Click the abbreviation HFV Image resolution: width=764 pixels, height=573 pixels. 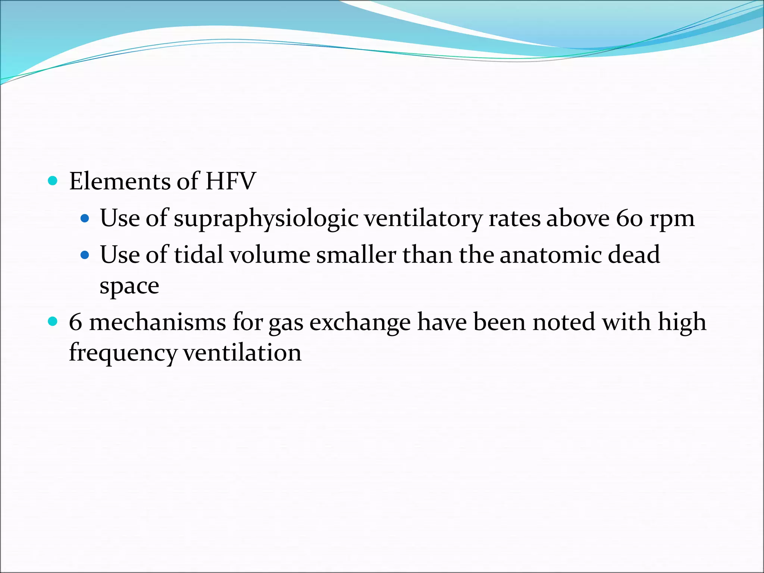pos(231,181)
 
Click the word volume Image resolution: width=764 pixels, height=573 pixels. pos(269,255)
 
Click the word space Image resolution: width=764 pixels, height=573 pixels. pos(129,286)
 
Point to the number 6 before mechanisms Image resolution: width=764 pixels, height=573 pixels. pos(75,322)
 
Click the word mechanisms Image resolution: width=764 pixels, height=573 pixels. pos(157,322)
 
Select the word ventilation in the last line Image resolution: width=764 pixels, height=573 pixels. pos(242,353)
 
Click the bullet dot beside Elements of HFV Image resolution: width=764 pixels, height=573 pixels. pos(53,181)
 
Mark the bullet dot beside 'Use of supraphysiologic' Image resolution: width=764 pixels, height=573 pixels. pos(85,219)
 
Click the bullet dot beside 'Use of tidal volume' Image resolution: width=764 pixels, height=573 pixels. pos(85,255)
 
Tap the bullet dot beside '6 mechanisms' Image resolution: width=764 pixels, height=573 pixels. pos(53,322)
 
